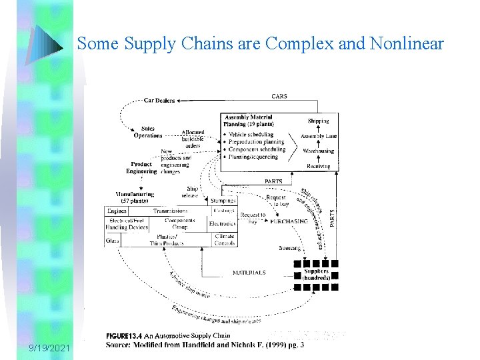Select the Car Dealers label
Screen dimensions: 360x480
159,101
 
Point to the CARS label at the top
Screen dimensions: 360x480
279,97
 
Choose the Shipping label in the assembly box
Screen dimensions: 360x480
318,121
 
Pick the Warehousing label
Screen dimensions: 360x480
319,151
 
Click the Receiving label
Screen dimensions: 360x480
319,166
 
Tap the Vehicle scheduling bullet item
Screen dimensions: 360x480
256,135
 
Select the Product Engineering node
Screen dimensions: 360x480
141,167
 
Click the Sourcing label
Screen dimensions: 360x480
289,248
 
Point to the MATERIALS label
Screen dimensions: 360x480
249,273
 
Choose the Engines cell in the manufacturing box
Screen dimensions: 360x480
117,211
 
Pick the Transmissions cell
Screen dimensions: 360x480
170,211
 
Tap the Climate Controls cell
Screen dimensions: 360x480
225,240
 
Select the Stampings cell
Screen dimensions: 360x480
223,200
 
